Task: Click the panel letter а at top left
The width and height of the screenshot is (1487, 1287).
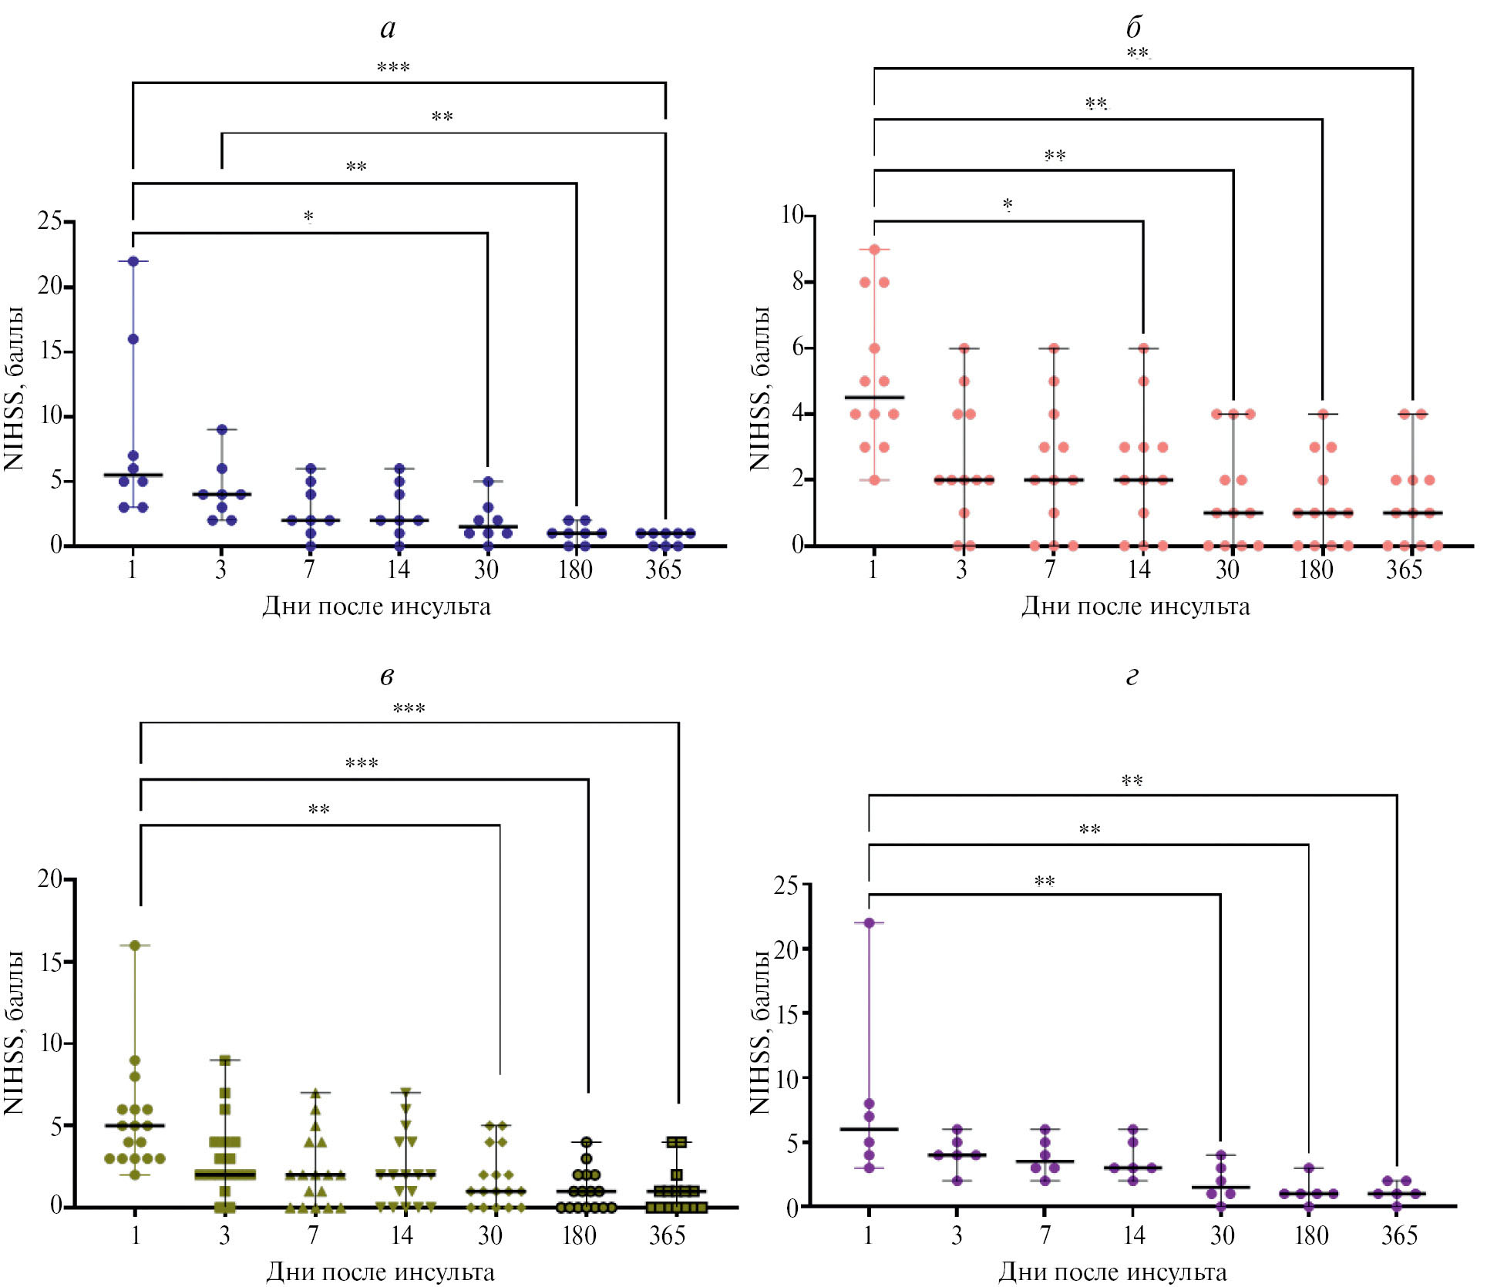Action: [x=388, y=29]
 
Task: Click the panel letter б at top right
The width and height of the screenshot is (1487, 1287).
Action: [x=1133, y=29]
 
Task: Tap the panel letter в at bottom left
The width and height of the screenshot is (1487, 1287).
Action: [x=387, y=677]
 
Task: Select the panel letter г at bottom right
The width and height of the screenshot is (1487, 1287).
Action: [x=1132, y=677]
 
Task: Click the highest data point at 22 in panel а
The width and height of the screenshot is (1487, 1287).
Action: [x=133, y=261]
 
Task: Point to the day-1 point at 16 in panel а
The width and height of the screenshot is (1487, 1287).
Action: [x=133, y=339]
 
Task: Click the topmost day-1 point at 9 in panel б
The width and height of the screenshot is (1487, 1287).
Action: [x=874, y=250]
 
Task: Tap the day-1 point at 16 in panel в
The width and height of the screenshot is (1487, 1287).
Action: [x=134, y=946]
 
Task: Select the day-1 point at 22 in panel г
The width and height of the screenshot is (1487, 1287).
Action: [x=869, y=922]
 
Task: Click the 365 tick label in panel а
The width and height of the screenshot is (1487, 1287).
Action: [x=664, y=570]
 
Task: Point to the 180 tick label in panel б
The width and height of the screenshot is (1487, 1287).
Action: [x=1316, y=570]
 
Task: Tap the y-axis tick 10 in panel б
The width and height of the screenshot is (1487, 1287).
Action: [x=792, y=215]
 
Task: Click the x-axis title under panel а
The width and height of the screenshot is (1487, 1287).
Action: [x=376, y=607]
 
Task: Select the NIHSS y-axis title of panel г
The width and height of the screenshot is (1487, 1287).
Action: [x=760, y=1033]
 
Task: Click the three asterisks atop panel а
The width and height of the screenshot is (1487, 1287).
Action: [x=393, y=68]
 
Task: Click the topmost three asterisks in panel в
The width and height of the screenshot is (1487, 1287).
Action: [x=409, y=709]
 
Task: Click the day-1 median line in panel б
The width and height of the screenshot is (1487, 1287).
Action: [x=874, y=398]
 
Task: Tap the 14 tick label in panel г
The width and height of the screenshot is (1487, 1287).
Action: [x=1133, y=1235]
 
